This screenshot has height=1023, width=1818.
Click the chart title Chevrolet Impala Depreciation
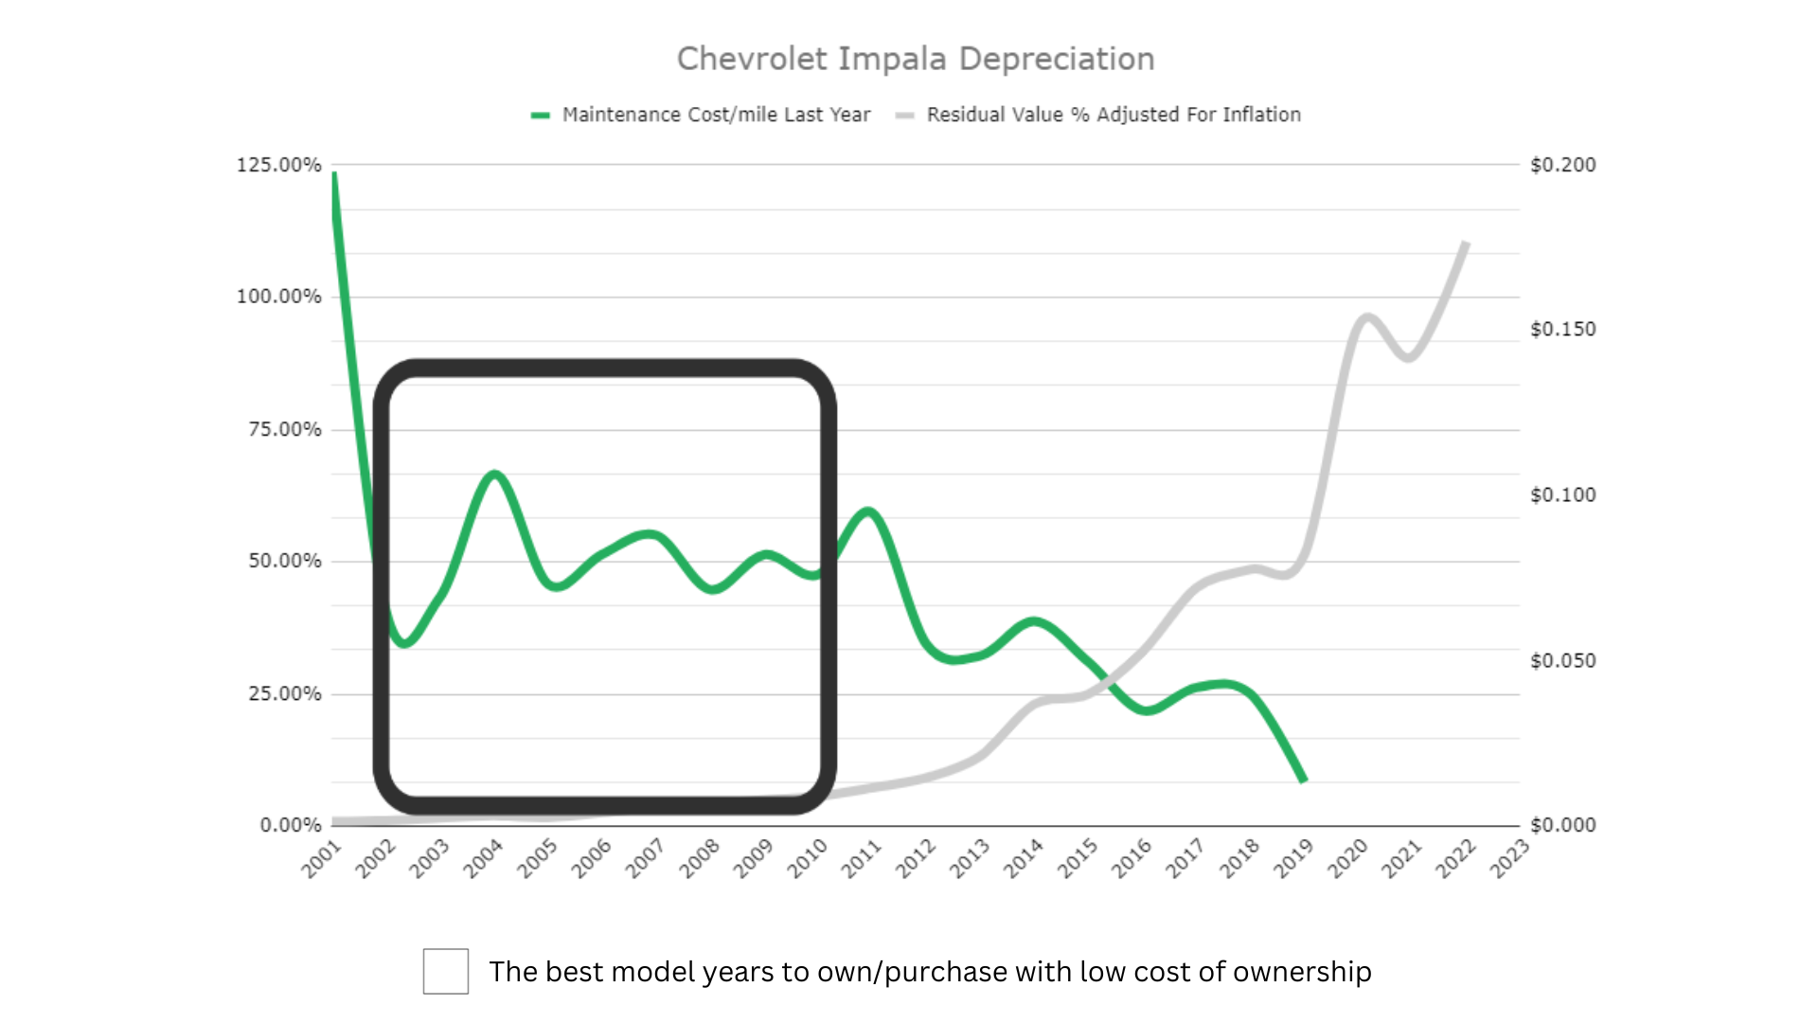click(916, 59)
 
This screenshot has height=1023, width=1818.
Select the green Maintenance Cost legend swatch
click(541, 116)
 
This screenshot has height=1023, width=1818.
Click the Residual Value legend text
click(1114, 115)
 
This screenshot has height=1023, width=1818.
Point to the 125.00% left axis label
click(278, 165)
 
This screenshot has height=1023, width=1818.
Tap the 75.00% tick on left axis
click(284, 429)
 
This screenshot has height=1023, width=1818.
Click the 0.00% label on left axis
click(291, 825)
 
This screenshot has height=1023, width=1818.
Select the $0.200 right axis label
click(1563, 165)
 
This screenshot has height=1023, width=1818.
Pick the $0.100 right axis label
click(1563, 494)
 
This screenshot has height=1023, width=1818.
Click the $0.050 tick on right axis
click(1563, 660)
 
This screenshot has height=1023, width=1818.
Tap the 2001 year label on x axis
click(322, 858)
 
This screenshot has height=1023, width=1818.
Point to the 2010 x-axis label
click(808, 858)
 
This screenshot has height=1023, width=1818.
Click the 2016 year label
click(1132, 858)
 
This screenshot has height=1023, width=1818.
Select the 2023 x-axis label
click(1509, 858)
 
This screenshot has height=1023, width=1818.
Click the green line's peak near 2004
click(494, 473)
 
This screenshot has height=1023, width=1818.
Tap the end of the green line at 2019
click(1304, 780)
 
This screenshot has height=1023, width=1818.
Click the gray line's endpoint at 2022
click(1466, 242)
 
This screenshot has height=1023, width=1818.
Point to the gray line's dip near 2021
click(1409, 358)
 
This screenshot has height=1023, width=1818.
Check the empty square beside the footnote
click(446, 971)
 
